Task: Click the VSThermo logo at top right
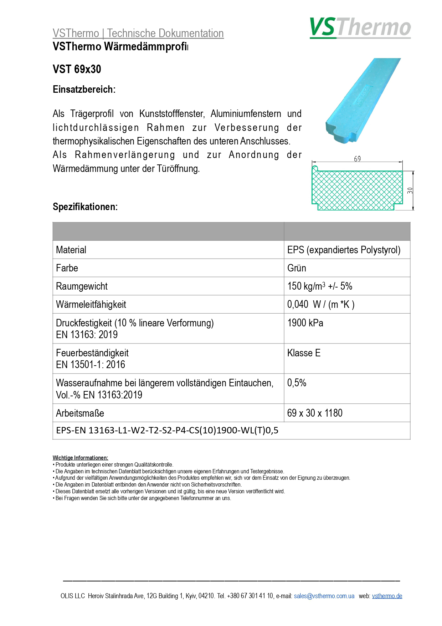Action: coord(360,28)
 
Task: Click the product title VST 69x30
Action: coord(77,69)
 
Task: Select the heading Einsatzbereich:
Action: coord(84,90)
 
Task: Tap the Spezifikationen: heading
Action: coord(85,207)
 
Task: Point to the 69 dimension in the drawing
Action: coord(358,159)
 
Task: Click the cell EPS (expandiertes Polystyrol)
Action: coord(344,250)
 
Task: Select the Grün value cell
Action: coord(297,268)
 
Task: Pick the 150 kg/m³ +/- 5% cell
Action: coord(319,286)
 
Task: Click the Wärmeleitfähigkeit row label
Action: coord(91,305)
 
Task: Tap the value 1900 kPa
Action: coord(305,323)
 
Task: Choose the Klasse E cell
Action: coord(304,353)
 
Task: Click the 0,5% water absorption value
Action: coord(297,383)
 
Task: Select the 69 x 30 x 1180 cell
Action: coord(314,413)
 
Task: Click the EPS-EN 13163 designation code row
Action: coord(167,431)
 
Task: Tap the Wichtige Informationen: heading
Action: coord(80,458)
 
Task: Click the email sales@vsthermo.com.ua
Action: coord(324,596)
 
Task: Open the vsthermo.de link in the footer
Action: coord(387,596)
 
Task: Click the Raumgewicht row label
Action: coord(82,286)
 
